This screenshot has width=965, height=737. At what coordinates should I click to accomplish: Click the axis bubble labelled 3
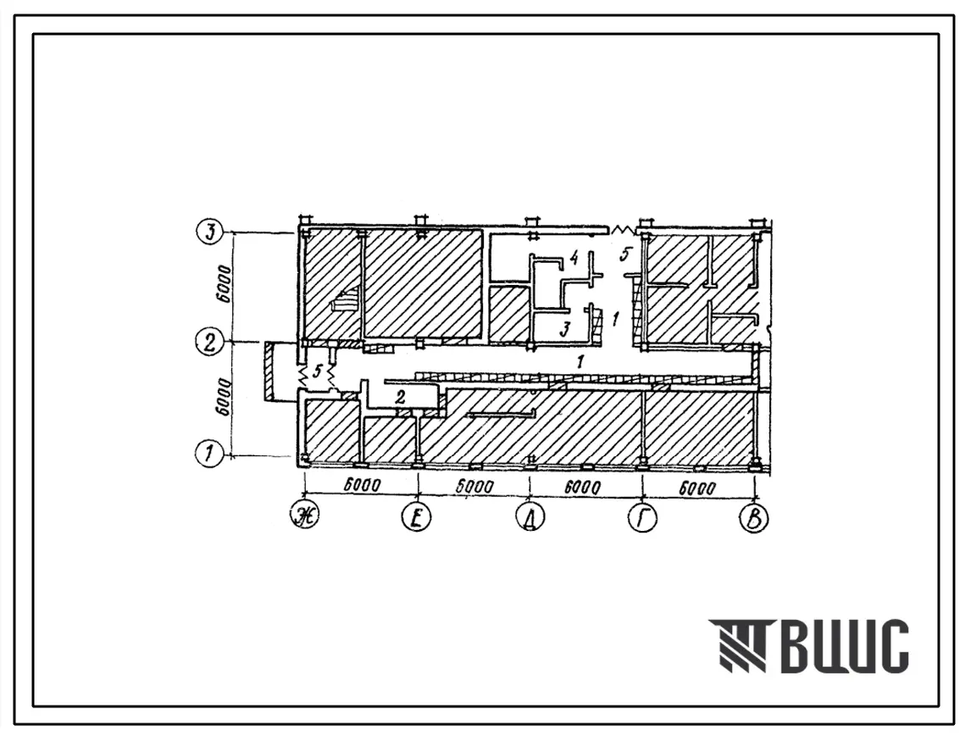210,232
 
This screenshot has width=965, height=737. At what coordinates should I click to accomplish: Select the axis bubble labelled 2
210,342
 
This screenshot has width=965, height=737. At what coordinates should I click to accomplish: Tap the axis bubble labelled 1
209,455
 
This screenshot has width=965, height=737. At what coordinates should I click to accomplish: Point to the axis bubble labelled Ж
306,517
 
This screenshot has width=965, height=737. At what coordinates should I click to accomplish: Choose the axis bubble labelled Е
417,517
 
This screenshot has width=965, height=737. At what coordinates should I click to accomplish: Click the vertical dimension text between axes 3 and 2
225,284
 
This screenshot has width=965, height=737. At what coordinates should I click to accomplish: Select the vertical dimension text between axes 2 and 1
225,398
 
